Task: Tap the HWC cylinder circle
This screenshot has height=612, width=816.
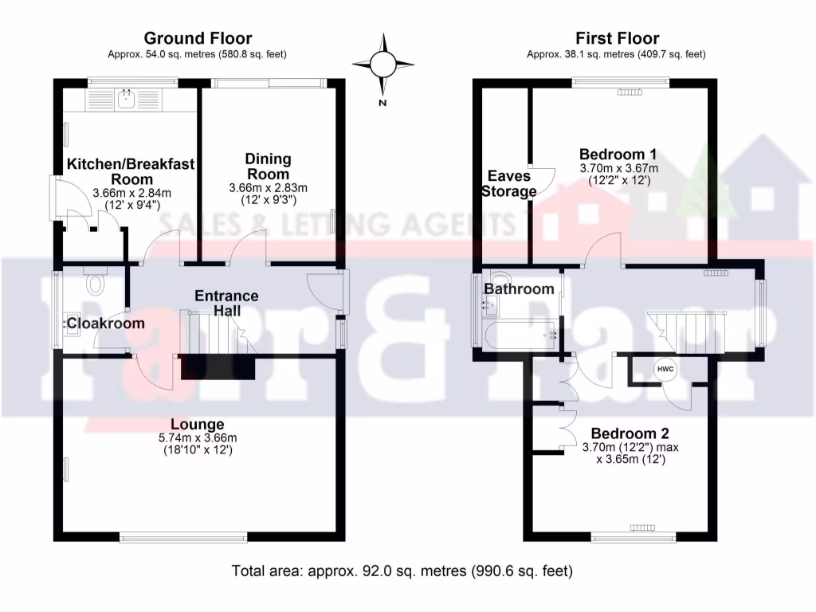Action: click(x=665, y=370)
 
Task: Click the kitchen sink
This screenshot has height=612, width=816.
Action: click(x=126, y=99)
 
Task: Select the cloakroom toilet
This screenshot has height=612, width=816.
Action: click(x=96, y=283)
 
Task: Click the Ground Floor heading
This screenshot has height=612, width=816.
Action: click(x=198, y=38)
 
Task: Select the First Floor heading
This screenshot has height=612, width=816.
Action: click(x=617, y=38)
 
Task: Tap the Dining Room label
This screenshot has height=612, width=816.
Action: click(x=268, y=167)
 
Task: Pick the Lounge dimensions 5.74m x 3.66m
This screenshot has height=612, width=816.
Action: click(x=198, y=437)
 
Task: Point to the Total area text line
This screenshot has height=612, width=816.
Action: click(x=402, y=571)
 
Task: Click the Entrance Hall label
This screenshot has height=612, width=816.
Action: click(x=226, y=303)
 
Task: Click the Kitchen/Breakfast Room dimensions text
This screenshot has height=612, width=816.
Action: click(x=131, y=198)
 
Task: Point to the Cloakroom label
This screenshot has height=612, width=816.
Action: click(x=105, y=323)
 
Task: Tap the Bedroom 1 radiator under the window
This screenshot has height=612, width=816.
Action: click(x=629, y=92)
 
